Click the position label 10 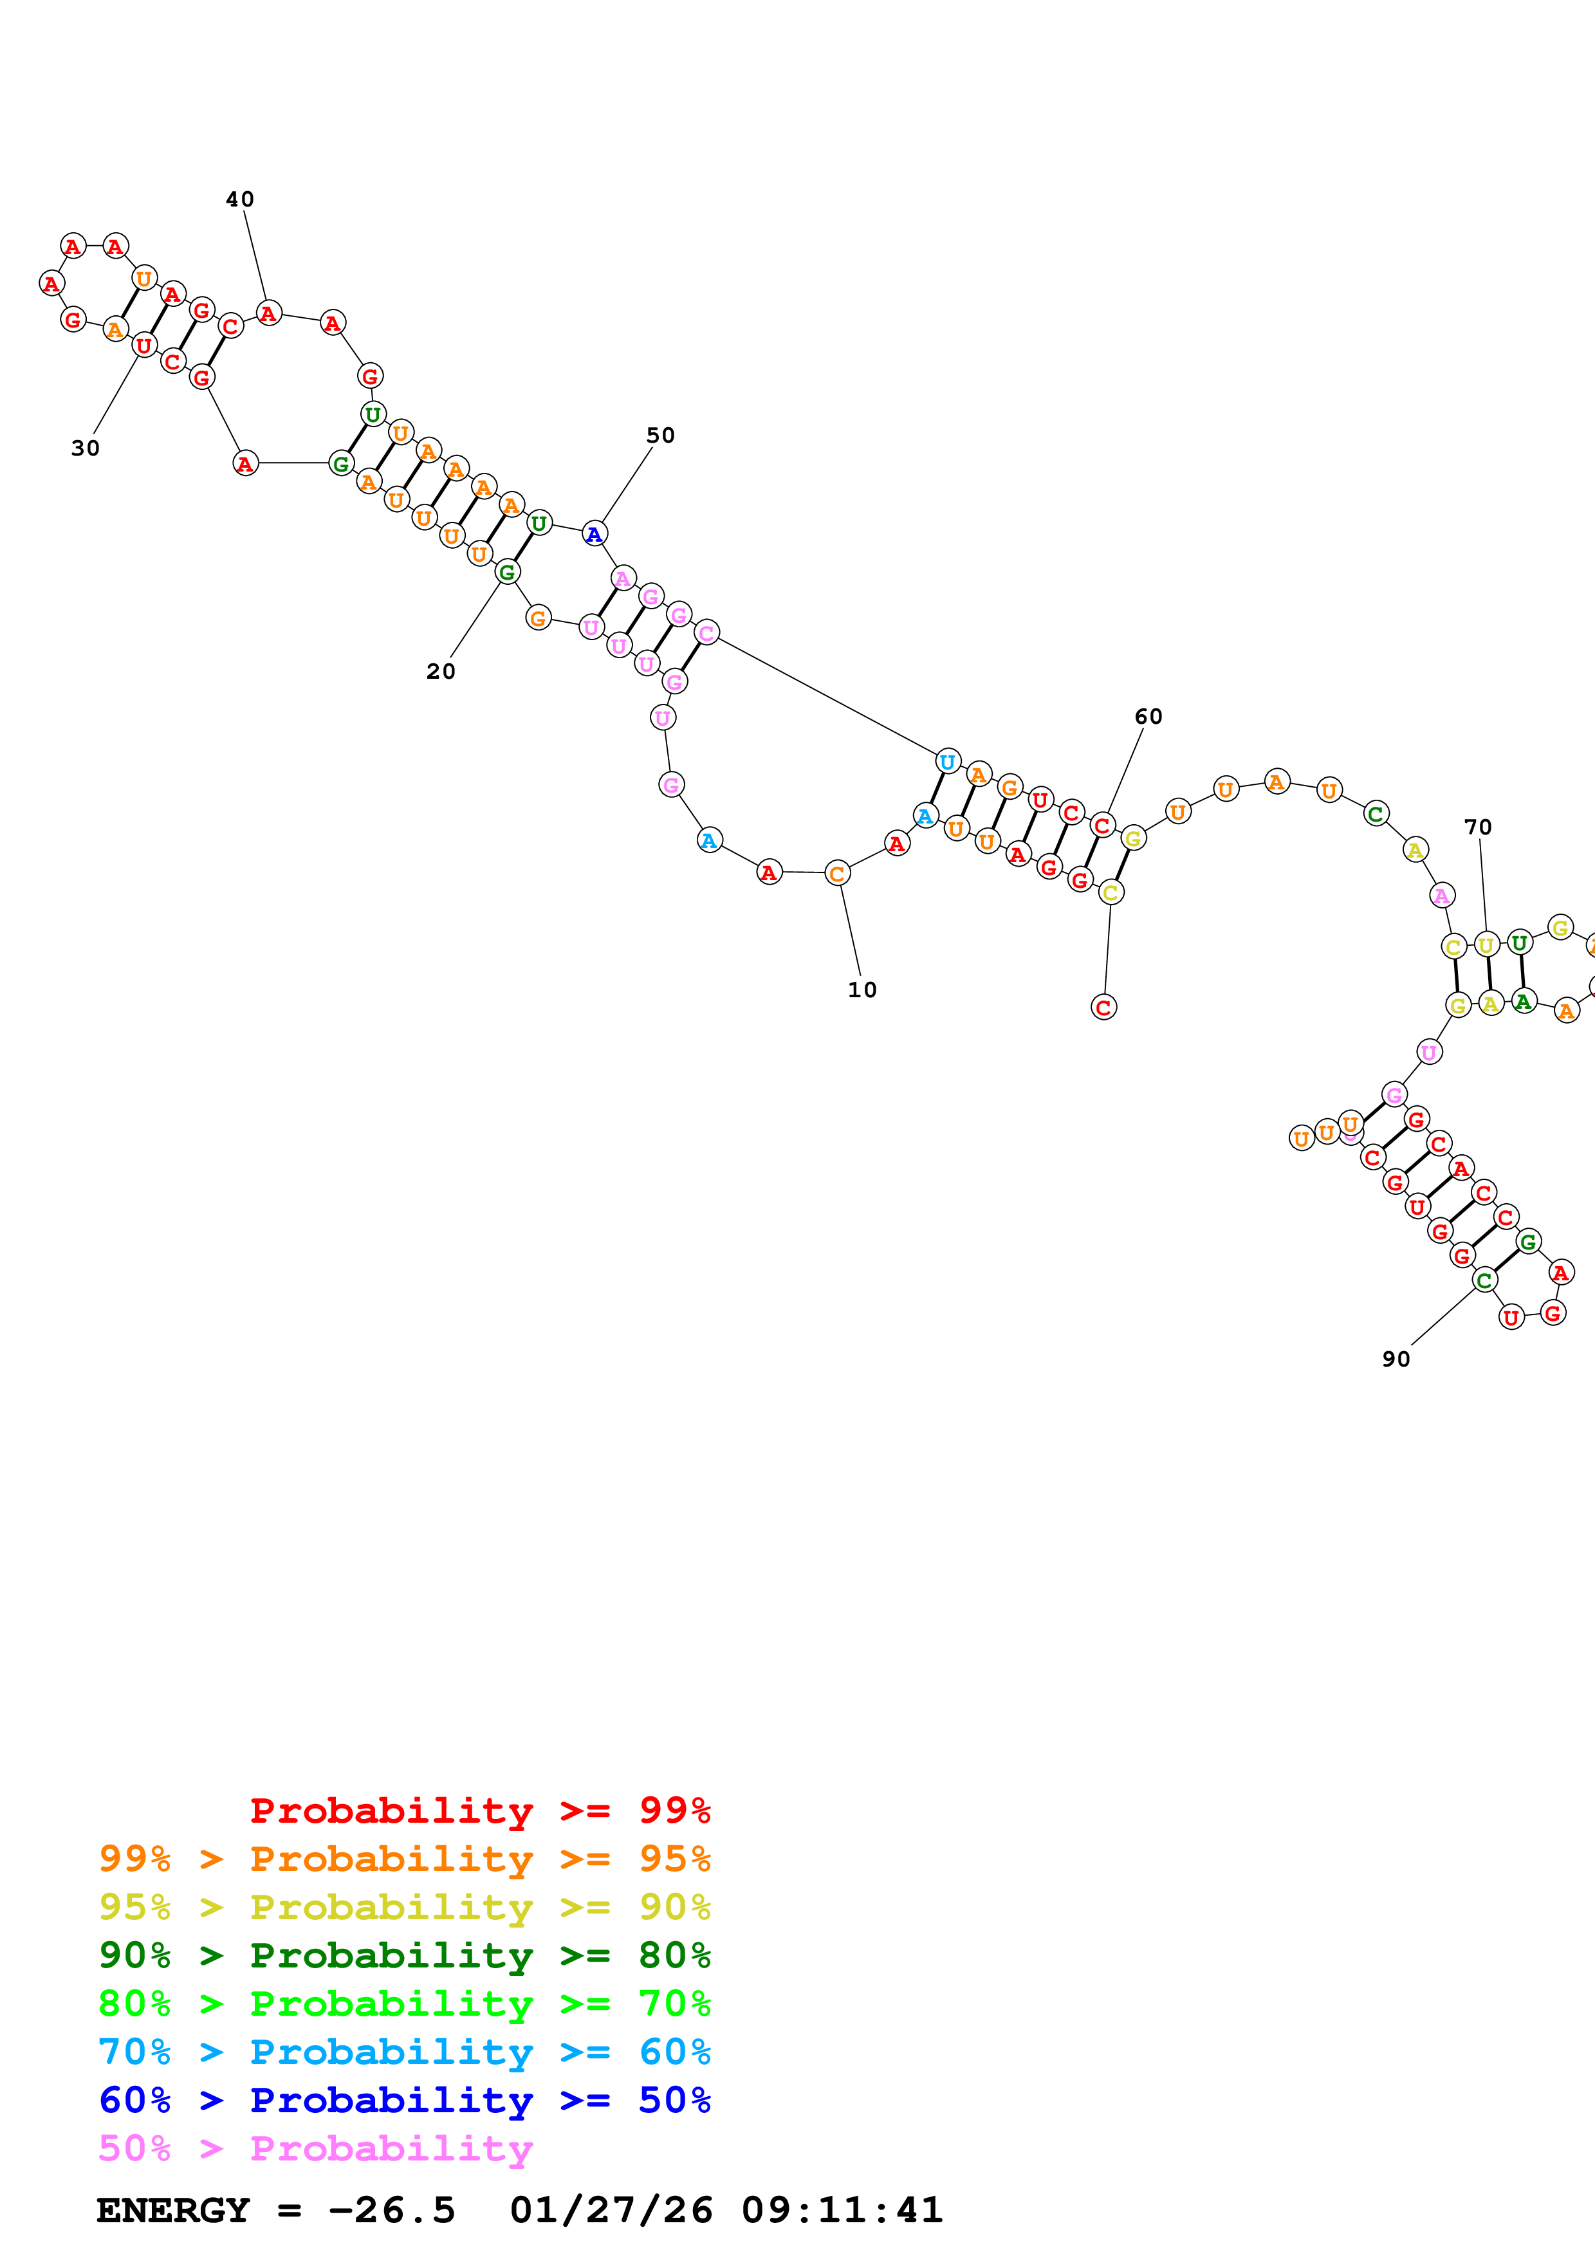pos(862,990)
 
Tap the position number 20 pos(440,672)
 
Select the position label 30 pos(86,448)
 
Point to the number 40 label pos(240,199)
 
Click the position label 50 pos(660,436)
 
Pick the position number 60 pos(1148,717)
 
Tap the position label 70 pos(1477,827)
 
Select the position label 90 pos(1396,1359)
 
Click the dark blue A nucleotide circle pos(594,534)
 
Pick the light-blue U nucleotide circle pos(947,761)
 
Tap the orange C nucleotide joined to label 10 pos(837,873)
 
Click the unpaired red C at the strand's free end pos(1103,1007)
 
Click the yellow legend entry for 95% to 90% pos(404,1907)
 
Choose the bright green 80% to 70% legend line pos(404,2004)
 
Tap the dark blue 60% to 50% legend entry pos(404,2100)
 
